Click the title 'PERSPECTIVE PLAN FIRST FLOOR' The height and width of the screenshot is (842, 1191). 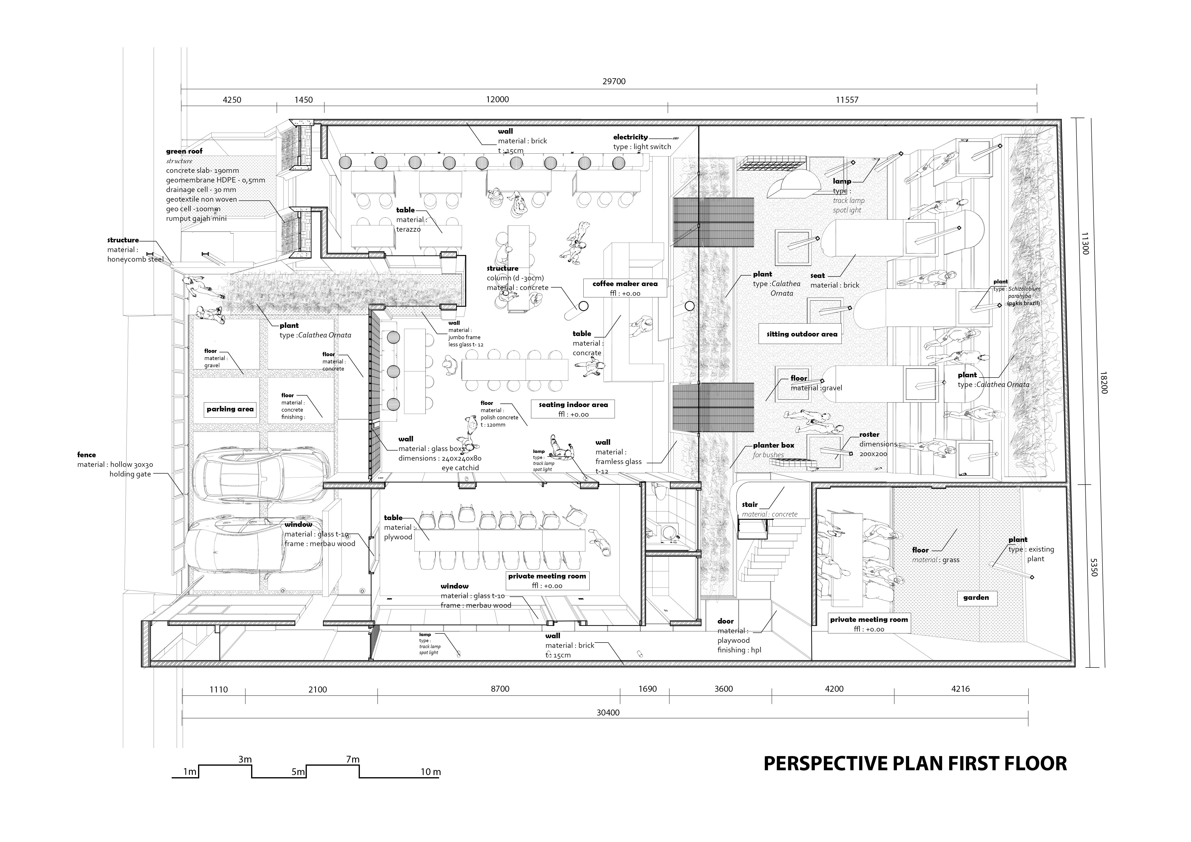tap(915, 764)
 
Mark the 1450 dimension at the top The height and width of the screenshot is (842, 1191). tap(303, 100)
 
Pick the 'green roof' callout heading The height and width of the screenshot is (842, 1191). tap(184, 151)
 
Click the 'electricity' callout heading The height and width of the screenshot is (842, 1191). tap(630, 137)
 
